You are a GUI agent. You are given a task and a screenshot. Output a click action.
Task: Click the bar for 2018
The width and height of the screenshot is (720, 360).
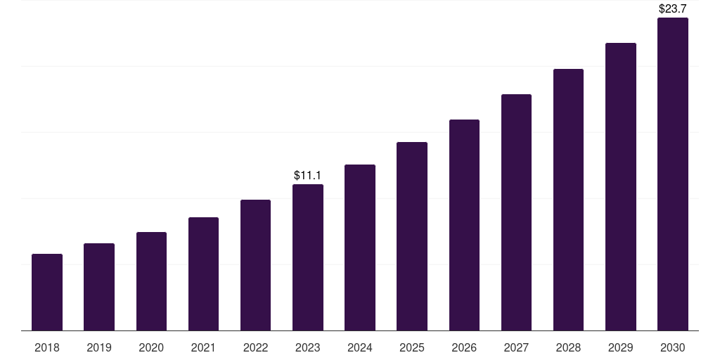click(47, 292)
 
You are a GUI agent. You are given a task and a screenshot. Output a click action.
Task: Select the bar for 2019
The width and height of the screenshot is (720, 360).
click(99, 287)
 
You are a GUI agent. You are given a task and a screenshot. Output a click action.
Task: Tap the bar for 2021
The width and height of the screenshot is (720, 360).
click(203, 274)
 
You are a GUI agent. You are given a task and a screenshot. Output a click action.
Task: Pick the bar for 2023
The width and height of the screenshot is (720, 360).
click(308, 257)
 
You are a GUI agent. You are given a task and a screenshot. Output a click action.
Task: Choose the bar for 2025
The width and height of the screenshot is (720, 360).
click(412, 236)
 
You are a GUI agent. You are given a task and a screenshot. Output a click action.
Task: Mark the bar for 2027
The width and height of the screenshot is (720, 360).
click(516, 212)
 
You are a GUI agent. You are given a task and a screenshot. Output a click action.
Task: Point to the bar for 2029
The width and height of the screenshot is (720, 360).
click(621, 186)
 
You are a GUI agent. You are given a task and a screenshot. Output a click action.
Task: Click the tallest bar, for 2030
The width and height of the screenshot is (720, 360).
click(673, 174)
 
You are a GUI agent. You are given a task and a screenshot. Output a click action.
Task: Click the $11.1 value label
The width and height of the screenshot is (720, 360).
click(308, 175)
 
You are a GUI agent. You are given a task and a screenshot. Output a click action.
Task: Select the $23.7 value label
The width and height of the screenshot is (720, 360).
click(673, 9)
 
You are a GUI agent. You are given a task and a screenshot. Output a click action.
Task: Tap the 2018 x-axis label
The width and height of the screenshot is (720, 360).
click(47, 347)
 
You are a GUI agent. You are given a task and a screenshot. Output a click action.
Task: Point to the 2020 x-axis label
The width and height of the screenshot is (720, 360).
click(151, 347)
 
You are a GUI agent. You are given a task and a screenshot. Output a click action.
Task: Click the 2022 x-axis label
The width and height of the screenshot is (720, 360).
click(256, 347)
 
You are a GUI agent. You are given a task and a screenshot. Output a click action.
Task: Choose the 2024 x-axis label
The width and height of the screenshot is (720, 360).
click(360, 347)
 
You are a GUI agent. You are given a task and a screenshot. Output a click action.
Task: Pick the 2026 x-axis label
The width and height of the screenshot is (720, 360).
click(464, 347)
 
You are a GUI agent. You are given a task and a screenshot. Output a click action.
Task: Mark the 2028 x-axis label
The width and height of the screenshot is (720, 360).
click(568, 347)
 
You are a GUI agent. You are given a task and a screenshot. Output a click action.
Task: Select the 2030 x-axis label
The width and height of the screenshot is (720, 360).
click(673, 347)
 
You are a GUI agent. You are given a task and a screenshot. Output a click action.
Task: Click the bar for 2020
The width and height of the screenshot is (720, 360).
click(151, 281)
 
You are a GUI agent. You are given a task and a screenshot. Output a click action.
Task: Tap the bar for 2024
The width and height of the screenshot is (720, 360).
click(360, 247)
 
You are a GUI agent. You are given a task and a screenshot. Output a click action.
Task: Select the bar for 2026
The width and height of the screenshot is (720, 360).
click(464, 225)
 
